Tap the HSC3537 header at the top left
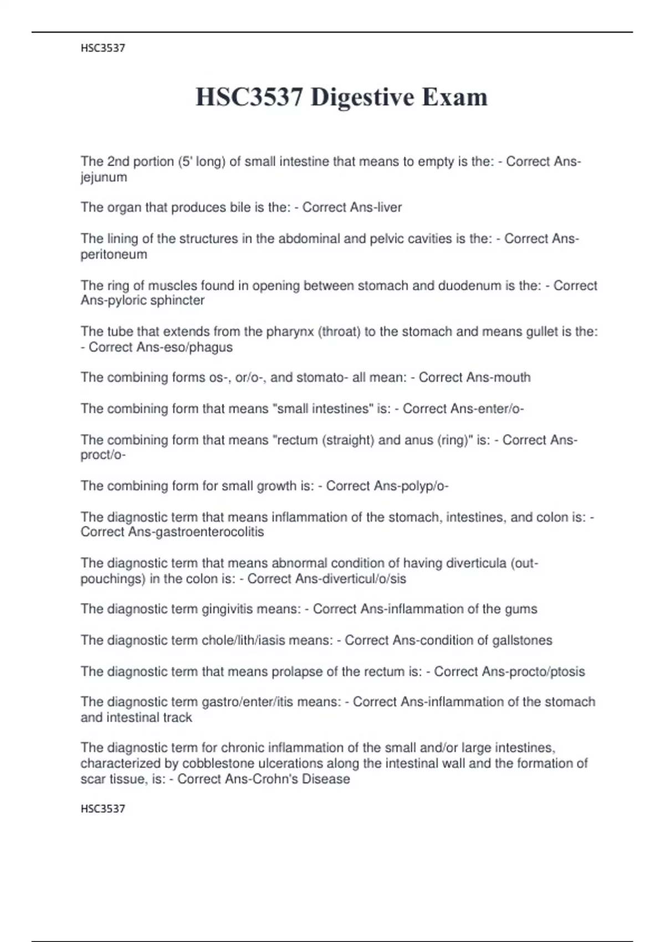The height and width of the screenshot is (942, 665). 103,48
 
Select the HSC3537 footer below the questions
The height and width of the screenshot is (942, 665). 103,808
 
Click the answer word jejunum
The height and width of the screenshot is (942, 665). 104,177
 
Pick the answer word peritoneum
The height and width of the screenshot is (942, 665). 114,254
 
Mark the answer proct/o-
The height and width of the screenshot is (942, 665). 103,455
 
